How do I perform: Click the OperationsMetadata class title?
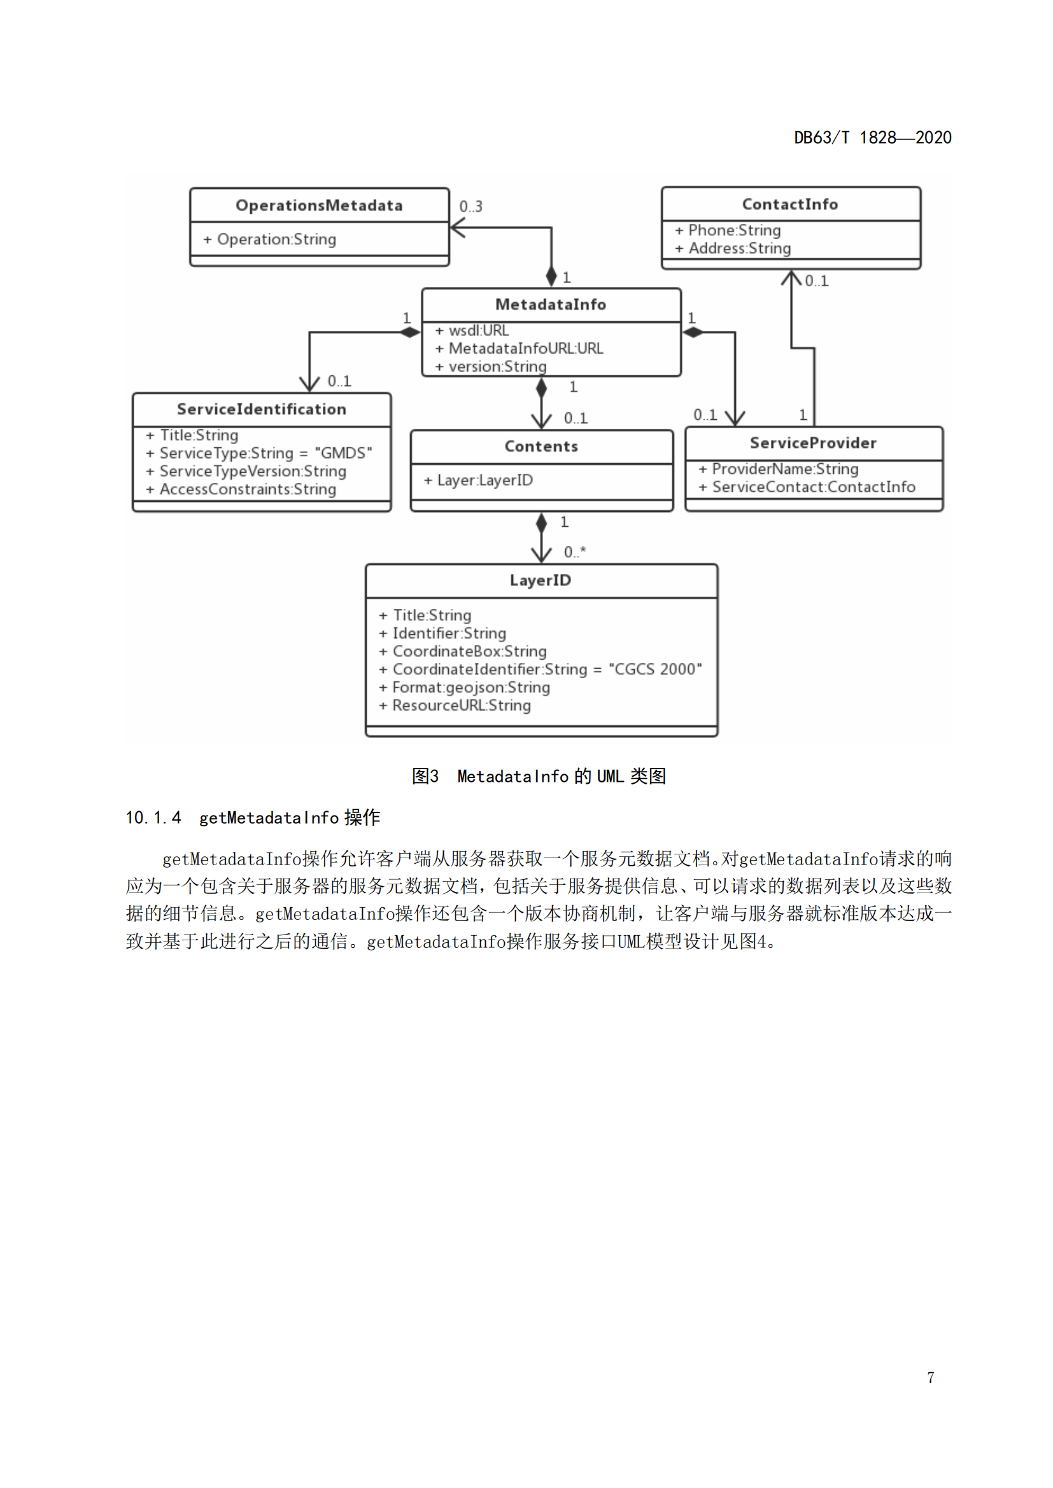[x=319, y=205]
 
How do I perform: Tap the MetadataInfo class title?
[x=551, y=305]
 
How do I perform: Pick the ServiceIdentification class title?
[x=261, y=409]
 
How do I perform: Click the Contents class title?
[x=541, y=447]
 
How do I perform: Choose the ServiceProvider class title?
[x=813, y=443]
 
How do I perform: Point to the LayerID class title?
[x=540, y=581]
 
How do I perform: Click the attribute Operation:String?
[x=276, y=240]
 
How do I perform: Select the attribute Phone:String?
[x=734, y=231]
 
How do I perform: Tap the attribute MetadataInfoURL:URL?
[x=525, y=349]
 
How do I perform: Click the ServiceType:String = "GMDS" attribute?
[x=265, y=453]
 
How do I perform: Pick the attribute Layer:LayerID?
[x=484, y=480]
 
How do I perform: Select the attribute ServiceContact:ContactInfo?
[x=813, y=487]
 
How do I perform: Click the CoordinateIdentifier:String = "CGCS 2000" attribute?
[x=547, y=669]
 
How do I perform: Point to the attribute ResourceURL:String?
[x=461, y=706]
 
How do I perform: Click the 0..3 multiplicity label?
[x=470, y=207]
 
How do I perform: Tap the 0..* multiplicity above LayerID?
[x=574, y=552]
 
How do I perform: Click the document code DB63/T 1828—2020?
[x=872, y=138]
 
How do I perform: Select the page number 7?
[x=931, y=1378]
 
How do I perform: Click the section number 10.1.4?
[x=153, y=818]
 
